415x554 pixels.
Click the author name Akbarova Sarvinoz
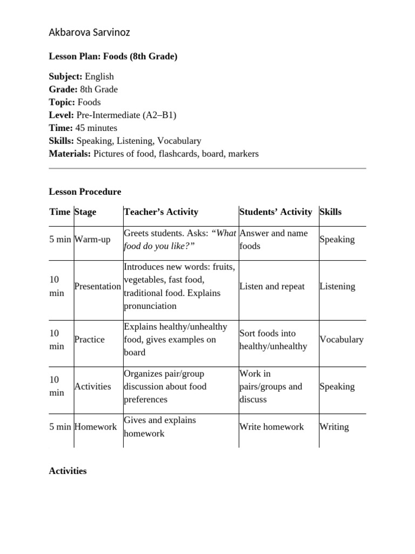pos(89,32)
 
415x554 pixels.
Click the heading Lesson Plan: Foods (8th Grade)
pos(113,56)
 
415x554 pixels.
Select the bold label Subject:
pos(65,76)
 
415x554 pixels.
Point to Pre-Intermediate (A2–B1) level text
pos(126,115)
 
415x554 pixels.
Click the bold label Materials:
pos(70,154)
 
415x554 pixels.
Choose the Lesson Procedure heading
pos(85,192)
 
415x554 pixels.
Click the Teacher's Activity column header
pos(161,212)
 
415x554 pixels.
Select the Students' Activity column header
pos(276,212)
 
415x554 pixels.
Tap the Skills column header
pos(331,212)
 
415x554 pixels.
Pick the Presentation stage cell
pos(97,286)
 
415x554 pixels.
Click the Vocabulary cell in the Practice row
pos(342,339)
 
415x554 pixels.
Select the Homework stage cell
pos(95,426)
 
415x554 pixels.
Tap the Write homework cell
pos(271,426)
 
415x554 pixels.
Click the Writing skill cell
pos(334,426)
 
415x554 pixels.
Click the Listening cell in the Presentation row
pos(337,286)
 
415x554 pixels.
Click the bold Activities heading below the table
pos(68,471)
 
